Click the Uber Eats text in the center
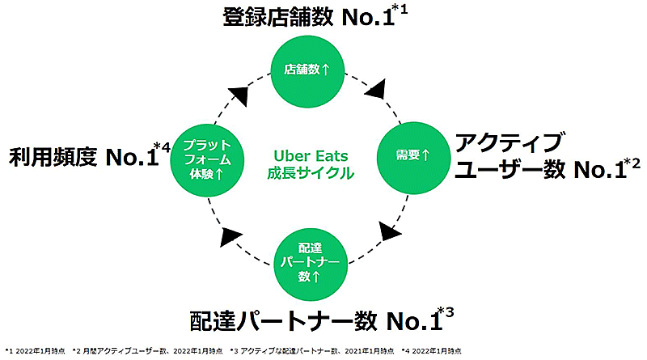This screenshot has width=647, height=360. pyautogui.click(x=307, y=155)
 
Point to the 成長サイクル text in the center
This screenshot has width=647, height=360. pyautogui.click(x=307, y=172)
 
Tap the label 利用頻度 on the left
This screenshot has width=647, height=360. pyautogui.click(x=53, y=157)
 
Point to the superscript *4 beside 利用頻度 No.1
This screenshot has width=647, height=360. pyautogui.click(x=165, y=147)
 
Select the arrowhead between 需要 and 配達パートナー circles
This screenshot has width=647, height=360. pyautogui.click(x=390, y=232)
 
